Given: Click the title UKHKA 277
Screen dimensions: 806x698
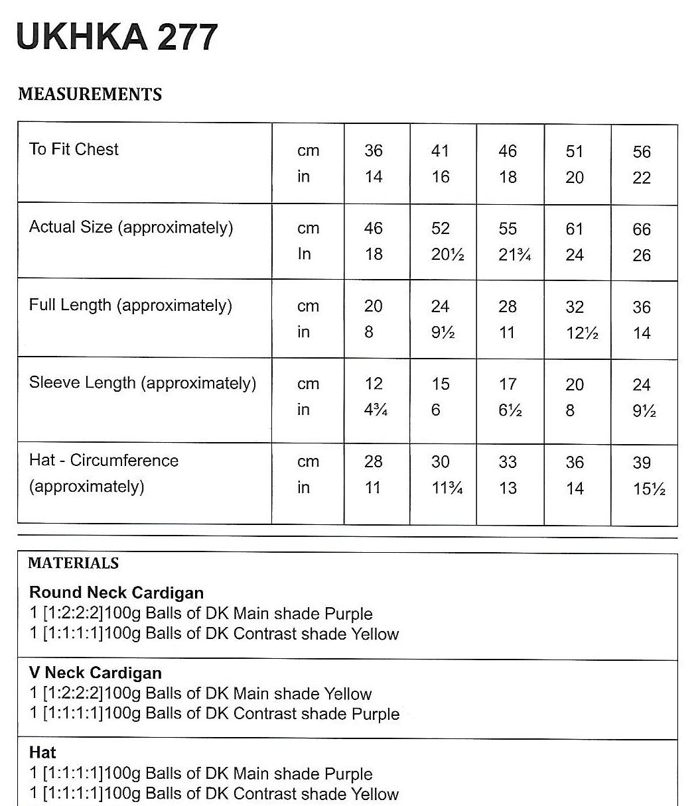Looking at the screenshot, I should tap(116, 36).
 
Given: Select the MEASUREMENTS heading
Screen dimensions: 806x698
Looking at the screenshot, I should tap(90, 94).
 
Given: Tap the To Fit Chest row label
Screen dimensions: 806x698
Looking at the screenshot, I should tap(74, 149).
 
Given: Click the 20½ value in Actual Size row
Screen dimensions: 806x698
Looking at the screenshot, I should tap(443, 255).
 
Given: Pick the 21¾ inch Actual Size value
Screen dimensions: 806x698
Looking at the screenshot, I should tap(514, 255).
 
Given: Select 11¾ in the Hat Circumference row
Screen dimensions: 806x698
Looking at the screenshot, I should tap(446, 488).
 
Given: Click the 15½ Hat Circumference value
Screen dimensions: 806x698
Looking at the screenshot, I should tap(649, 489).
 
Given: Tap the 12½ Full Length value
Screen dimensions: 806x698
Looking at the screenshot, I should tap(582, 333).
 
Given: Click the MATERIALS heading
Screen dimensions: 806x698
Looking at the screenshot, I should tap(74, 563).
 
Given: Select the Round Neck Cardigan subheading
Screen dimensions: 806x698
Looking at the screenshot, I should tap(116, 593).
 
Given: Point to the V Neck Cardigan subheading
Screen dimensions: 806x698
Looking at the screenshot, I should tap(96, 673).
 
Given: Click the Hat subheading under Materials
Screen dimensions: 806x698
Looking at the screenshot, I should tap(42, 752).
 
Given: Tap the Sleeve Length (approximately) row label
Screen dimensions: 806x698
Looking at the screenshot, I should tap(142, 383).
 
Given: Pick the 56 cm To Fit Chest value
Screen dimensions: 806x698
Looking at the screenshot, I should tap(642, 152).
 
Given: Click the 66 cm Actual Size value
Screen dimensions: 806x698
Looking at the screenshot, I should tap(642, 229).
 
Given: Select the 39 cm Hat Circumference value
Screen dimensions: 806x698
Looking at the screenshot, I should tap(642, 463).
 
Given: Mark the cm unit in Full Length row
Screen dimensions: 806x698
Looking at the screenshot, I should tap(308, 306).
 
